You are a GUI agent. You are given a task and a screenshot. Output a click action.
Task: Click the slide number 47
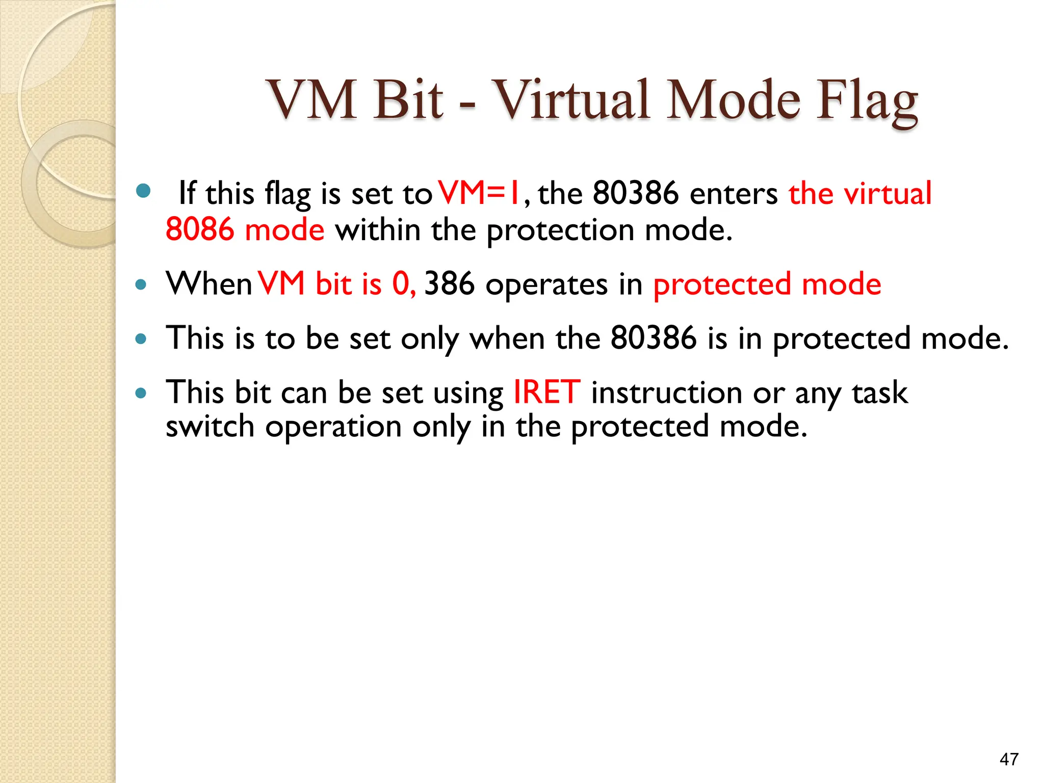[1009, 759]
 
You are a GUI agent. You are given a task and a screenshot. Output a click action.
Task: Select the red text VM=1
[479, 193]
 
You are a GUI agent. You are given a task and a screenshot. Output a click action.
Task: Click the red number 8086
[200, 229]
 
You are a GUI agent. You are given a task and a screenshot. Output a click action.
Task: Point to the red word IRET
[546, 393]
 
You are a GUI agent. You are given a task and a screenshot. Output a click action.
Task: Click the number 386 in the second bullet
[449, 284]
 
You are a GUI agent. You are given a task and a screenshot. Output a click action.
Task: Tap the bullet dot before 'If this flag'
[144, 191]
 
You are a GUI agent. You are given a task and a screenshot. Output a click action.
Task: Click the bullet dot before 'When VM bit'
[141, 284]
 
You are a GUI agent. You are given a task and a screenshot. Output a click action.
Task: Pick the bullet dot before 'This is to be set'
[141, 338]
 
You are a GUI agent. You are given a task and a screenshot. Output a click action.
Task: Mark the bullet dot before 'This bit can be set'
[141, 393]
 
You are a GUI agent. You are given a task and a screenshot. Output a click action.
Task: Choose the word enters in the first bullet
[733, 194]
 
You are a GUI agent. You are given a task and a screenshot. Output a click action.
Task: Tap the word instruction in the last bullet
[666, 393]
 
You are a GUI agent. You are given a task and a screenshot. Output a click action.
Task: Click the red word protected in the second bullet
[722, 285]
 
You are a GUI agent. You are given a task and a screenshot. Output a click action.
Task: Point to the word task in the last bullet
[880, 393]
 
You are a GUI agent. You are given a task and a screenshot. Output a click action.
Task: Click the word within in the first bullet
[377, 229]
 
